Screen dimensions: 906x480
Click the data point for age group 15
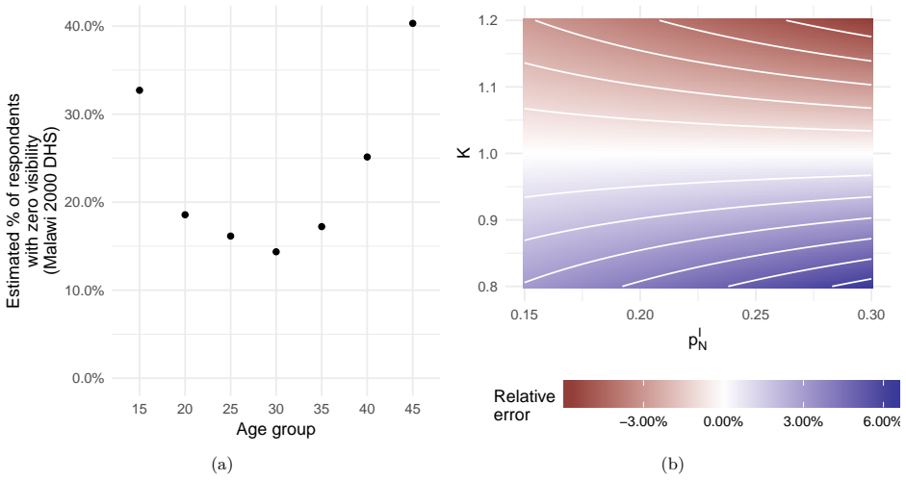[140, 90]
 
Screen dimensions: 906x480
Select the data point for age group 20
[185, 215]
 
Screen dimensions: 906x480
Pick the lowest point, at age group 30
[276, 252]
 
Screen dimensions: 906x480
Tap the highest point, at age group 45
[412, 23]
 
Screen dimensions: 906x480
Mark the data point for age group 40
[367, 157]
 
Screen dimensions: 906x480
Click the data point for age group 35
[322, 226]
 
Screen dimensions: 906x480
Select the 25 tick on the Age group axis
[230, 410]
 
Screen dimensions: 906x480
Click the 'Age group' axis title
[275, 430]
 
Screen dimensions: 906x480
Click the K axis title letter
[464, 153]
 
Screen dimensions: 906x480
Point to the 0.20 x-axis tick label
[640, 315]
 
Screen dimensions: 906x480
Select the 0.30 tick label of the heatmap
[871, 315]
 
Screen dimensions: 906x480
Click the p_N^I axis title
[698, 341]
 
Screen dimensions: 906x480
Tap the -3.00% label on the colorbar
[643, 422]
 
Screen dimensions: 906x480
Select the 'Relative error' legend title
[524, 406]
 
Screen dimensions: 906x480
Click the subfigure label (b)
[672, 465]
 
